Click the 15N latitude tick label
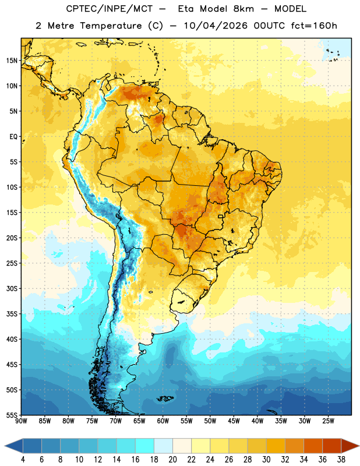click(12, 61)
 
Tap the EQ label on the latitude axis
click(13, 137)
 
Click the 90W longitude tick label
click(21, 421)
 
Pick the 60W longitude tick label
click(163, 421)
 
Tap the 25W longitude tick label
click(328, 421)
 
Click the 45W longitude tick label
click(234, 421)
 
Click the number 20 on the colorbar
click(172, 460)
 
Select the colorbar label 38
click(341, 460)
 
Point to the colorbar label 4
click(23, 460)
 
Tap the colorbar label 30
click(266, 460)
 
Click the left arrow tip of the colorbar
click(5, 446)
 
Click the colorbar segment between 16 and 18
click(145, 446)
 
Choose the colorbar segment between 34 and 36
click(313, 446)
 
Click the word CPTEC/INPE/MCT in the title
click(110, 9)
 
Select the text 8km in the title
click(243, 9)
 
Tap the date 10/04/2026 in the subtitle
click(216, 26)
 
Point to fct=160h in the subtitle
click(314, 26)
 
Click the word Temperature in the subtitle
click(111, 26)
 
